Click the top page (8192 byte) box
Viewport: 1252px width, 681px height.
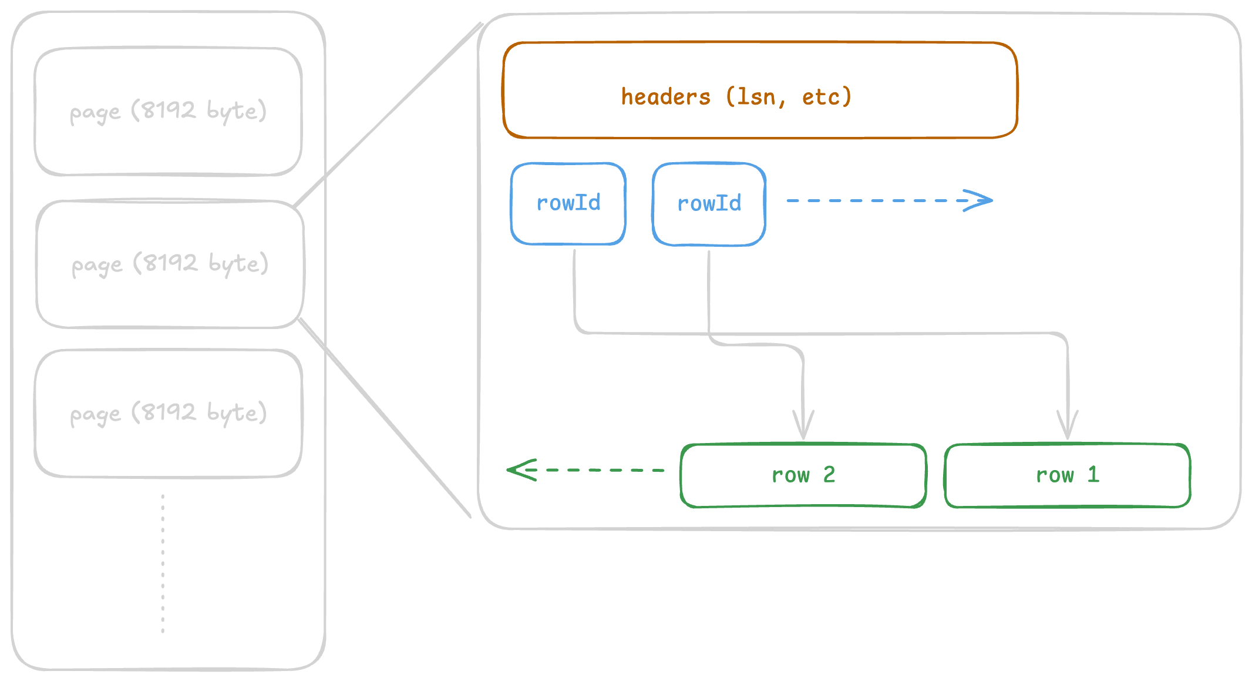[x=168, y=112]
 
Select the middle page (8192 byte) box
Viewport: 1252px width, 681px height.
[x=170, y=264]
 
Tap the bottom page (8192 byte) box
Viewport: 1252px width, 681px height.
[x=169, y=414]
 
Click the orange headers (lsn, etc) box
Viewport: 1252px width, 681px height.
[x=760, y=90]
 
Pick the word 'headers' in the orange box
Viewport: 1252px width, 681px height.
[x=665, y=97]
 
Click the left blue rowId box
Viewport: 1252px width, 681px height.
[x=568, y=203]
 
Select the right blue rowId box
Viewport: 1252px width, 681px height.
[x=709, y=204]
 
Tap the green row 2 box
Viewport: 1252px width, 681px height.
[x=803, y=475]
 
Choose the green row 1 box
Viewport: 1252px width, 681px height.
[x=1067, y=475]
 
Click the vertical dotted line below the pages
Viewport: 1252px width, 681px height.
[x=163, y=564]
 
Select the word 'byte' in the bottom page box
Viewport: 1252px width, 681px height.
[x=231, y=412]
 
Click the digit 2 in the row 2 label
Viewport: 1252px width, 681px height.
[x=829, y=475]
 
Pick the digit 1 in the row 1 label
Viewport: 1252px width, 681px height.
[x=1093, y=475]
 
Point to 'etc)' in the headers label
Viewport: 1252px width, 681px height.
[x=826, y=97]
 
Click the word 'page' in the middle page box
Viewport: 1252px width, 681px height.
[x=97, y=266]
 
